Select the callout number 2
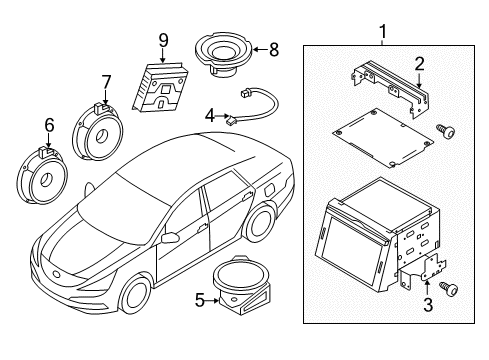(421, 63)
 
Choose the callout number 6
(47, 127)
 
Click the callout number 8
(275, 47)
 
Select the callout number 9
(162, 40)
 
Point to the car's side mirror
(171, 238)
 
